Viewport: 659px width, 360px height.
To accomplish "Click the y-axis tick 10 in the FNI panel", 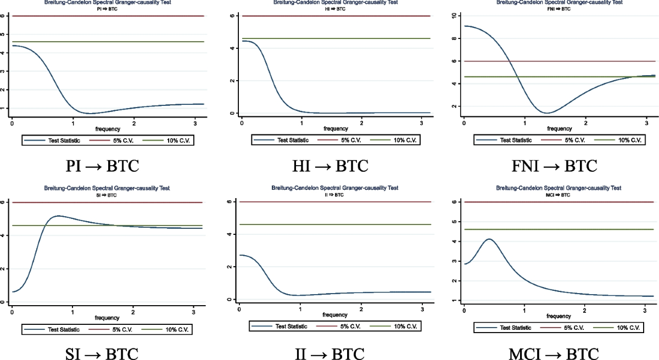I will click(453, 16).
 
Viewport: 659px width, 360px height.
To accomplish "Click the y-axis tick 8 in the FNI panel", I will click(453, 38).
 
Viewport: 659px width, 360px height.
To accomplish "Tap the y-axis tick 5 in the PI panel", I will click(4, 34).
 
